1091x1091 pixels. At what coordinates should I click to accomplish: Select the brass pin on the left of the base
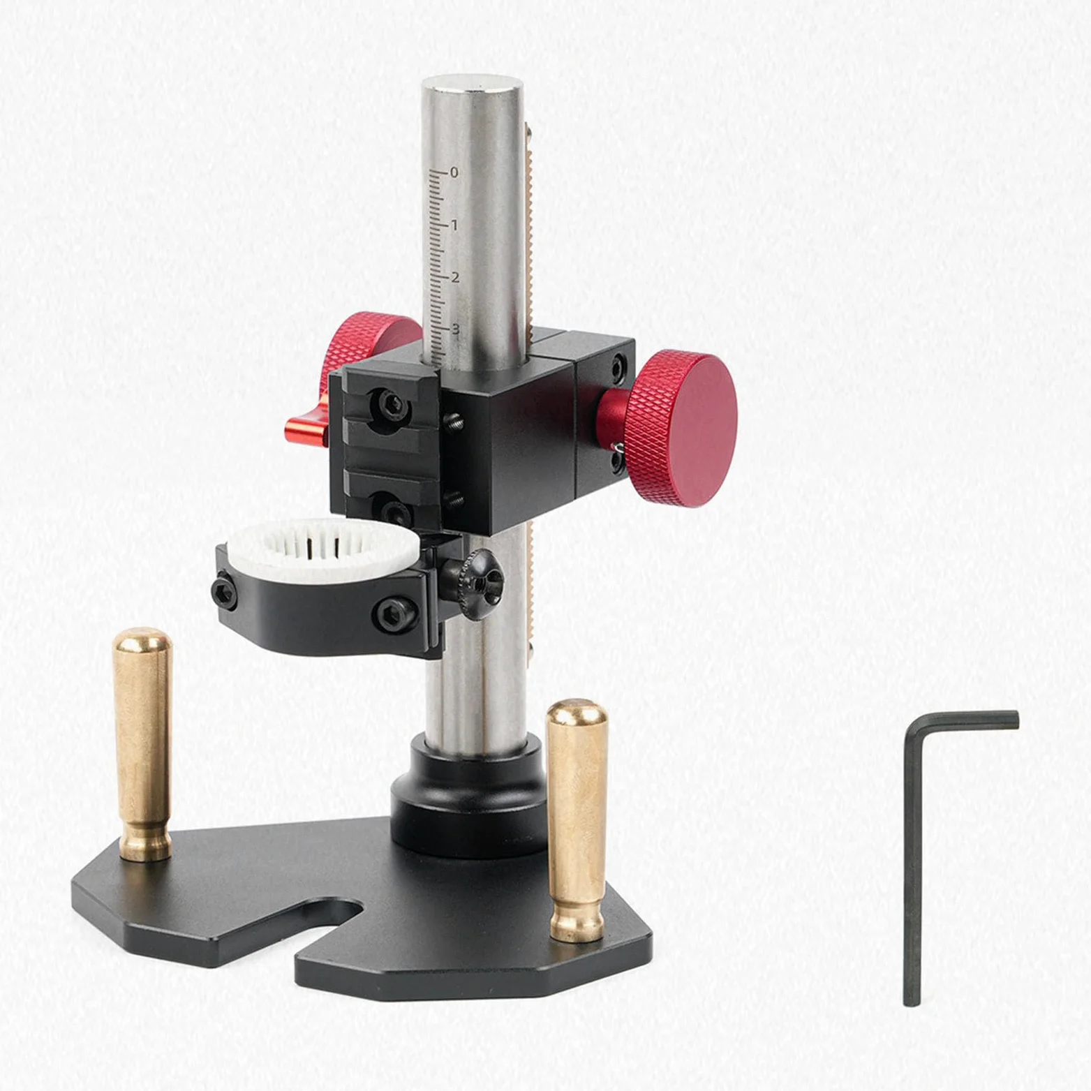pos(142,744)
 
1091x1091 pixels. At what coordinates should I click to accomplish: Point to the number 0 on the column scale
pos(454,172)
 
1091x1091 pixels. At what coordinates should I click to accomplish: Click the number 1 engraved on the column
pos(454,225)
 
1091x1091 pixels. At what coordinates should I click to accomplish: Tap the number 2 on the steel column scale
pos(455,278)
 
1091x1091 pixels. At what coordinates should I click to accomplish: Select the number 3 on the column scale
pos(455,329)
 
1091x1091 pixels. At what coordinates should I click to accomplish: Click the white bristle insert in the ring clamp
pos(322,545)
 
